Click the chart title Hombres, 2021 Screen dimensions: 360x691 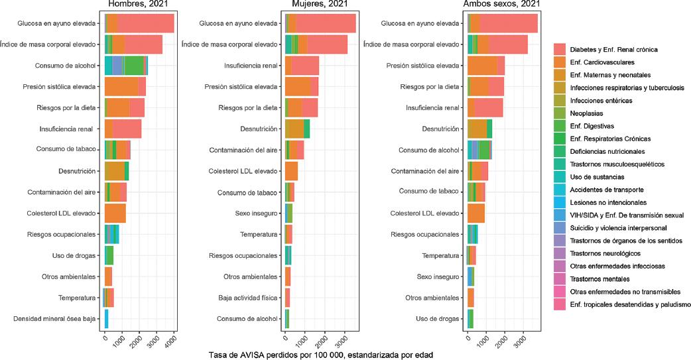click(140, 5)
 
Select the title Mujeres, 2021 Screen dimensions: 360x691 click(320, 5)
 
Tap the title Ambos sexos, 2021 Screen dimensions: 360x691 click(503, 5)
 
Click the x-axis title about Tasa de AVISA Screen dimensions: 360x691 click(321, 355)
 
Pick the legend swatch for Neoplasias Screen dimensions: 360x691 click(560, 113)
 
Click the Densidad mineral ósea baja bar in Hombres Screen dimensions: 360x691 click(106, 319)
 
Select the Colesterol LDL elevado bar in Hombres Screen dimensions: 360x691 click(115, 213)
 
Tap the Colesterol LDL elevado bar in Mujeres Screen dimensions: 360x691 click(291, 171)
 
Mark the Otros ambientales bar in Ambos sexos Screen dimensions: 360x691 click(470, 298)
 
